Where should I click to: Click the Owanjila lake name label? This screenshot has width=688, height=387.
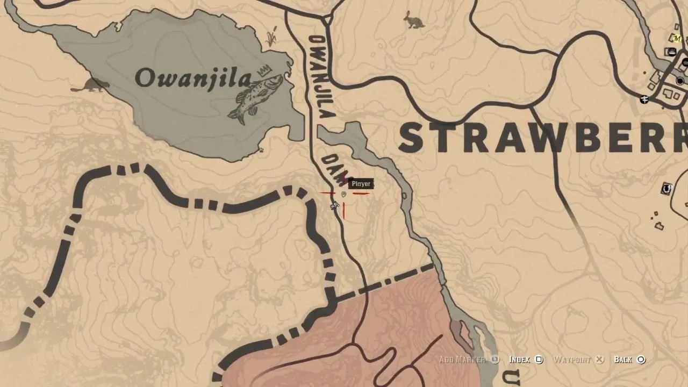[x=192, y=78]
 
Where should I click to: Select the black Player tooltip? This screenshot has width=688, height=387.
[x=361, y=184]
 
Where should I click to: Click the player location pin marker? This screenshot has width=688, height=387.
[x=343, y=195]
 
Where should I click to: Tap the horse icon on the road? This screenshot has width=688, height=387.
[x=334, y=205]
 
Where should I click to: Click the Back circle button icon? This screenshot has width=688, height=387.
[x=641, y=360]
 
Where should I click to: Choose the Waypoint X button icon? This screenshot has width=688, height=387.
[x=600, y=360]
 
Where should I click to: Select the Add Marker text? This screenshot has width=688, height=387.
[x=462, y=360]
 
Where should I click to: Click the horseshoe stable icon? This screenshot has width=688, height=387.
[x=667, y=189]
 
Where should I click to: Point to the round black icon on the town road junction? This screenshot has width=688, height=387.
[x=680, y=81]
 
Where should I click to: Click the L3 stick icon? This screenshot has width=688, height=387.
[x=495, y=360]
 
